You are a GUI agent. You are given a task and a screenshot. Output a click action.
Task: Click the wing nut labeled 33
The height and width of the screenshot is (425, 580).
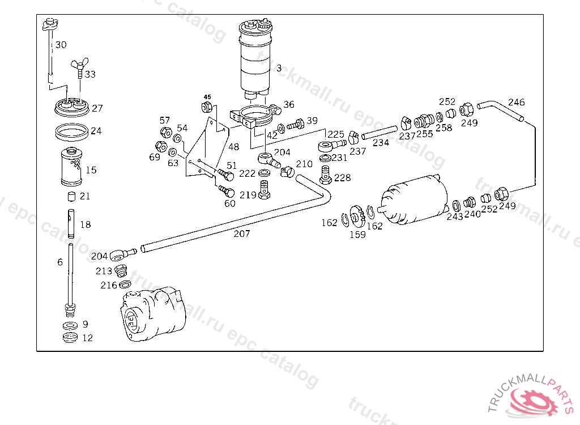pos(79,67)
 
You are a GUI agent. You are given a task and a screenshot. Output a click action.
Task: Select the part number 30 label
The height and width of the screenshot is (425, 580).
pos(61,45)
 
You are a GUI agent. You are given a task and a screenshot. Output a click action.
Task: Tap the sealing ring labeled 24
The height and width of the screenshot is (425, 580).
pos(72,132)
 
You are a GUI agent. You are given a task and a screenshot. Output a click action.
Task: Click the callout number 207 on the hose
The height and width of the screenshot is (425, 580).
pos(241,233)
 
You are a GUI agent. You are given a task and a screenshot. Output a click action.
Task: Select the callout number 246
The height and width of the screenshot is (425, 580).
pos(517,102)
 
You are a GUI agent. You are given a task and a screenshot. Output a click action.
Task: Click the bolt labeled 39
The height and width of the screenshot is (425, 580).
pos(296,124)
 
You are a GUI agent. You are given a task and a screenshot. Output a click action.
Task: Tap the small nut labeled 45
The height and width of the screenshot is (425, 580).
pos(206,107)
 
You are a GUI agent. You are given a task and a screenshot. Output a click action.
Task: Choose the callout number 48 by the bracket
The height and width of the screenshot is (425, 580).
pos(234,147)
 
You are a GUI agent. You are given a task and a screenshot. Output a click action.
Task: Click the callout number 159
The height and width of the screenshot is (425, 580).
pos(358,235)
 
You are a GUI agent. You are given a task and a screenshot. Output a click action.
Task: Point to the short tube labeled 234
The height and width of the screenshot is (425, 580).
pos(379,133)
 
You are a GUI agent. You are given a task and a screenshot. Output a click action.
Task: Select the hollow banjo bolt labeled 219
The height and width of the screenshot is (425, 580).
pos(264,190)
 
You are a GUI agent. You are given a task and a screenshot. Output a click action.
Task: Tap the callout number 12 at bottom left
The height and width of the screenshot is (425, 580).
pos(88,338)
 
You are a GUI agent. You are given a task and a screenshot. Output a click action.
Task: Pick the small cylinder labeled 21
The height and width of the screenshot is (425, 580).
pos(71,196)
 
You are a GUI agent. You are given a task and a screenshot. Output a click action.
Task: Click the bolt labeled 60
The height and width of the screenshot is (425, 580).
pos(227,192)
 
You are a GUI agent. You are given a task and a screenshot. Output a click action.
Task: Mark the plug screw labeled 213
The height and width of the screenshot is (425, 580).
pos(121,271)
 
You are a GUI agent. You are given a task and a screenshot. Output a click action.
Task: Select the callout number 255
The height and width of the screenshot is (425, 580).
pos(425,134)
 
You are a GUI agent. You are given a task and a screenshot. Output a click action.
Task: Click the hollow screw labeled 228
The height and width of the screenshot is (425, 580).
pos(325,175)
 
